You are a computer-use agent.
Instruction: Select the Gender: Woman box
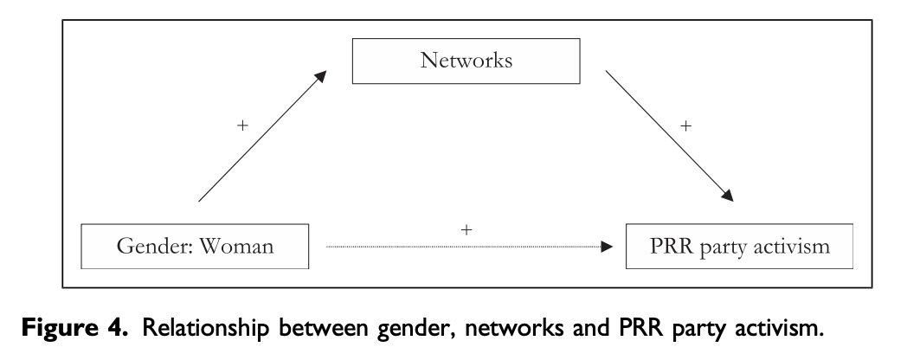[195, 247]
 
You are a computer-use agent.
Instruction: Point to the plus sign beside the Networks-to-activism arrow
[685, 125]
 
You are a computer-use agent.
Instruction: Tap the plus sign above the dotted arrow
[468, 229]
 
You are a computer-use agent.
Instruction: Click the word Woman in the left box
[239, 247]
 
